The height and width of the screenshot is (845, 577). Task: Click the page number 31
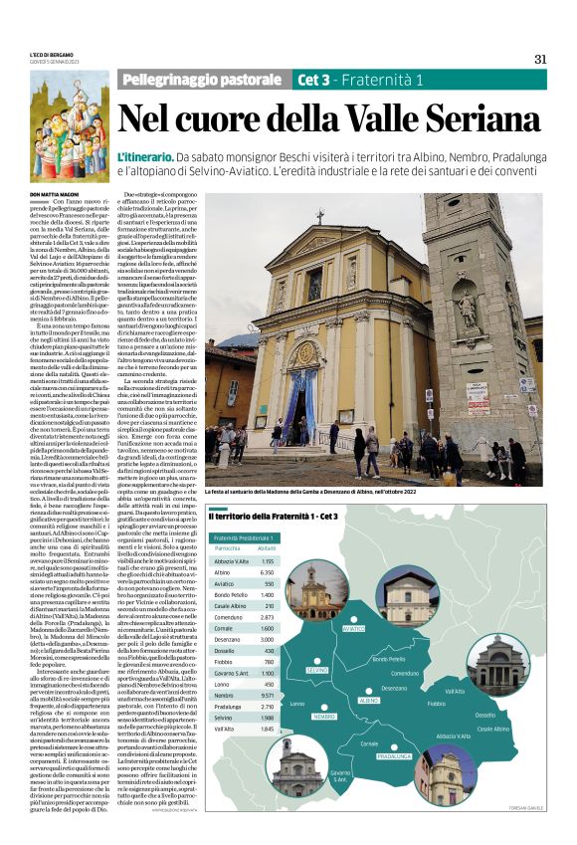pyautogui.click(x=540, y=59)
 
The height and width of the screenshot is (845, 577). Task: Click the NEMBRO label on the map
pyautogui.click(x=324, y=717)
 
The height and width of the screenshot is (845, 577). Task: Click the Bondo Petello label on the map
pyautogui.click(x=388, y=658)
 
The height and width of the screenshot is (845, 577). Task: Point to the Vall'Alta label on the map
pyautogui.click(x=455, y=691)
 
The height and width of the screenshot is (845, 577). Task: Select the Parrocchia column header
pyautogui.click(x=227, y=547)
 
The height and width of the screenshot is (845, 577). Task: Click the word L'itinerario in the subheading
pyautogui.click(x=145, y=158)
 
